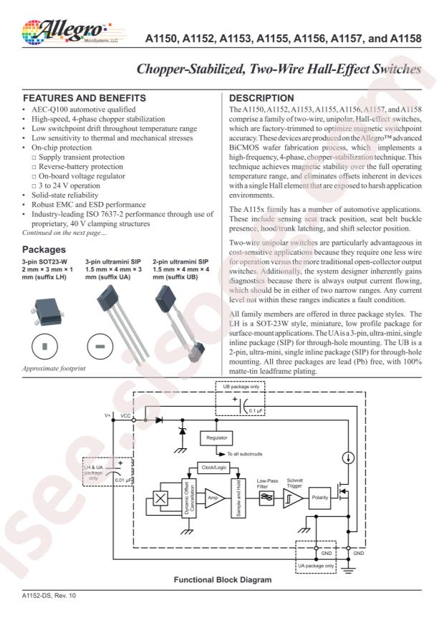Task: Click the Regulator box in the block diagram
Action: click(x=217, y=437)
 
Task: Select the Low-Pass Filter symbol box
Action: click(x=266, y=497)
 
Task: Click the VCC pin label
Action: click(x=126, y=415)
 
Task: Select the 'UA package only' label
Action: click(x=317, y=566)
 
